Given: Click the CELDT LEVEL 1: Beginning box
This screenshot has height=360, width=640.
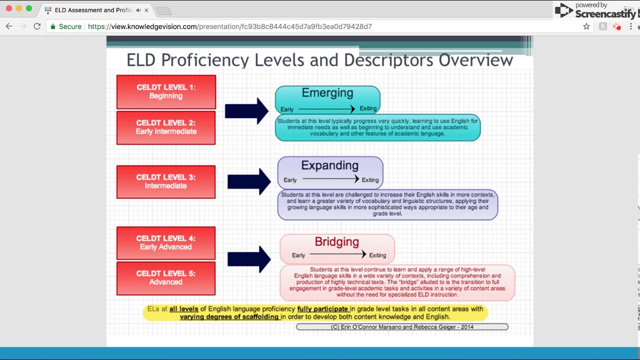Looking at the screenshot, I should [166, 91].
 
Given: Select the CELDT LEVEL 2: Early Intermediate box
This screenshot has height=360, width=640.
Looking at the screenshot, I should [166, 127].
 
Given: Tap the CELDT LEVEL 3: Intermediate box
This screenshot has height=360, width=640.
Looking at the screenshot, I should [166, 181].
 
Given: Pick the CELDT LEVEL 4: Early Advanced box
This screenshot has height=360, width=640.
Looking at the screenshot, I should [166, 243].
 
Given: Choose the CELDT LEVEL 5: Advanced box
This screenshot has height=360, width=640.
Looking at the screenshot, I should [166, 278].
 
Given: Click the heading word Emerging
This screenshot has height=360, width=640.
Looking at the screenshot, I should [327, 93].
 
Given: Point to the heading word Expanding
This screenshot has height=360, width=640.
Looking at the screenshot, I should [330, 165].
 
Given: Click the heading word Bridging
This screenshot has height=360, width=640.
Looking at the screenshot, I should [337, 242].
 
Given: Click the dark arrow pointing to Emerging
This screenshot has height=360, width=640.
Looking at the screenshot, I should [247, 111].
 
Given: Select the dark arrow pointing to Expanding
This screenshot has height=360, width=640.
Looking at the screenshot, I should [249, 181].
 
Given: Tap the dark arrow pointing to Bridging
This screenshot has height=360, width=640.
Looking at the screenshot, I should [249, 259].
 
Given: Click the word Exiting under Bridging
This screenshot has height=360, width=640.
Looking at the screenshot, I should [377, 255].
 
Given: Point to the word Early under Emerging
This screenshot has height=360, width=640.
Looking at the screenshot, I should [287, 109].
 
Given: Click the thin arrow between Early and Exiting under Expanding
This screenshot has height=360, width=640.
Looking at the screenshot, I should [330, 179].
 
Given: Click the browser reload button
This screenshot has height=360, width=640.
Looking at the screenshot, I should [37, 26].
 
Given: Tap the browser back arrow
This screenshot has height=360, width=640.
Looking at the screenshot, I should [9, 26].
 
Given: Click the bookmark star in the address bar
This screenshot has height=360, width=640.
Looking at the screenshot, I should [586, 26].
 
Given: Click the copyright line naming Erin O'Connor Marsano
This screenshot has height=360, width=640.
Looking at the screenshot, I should [402, 327].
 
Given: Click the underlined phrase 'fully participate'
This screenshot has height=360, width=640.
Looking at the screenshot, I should [322, 309].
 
